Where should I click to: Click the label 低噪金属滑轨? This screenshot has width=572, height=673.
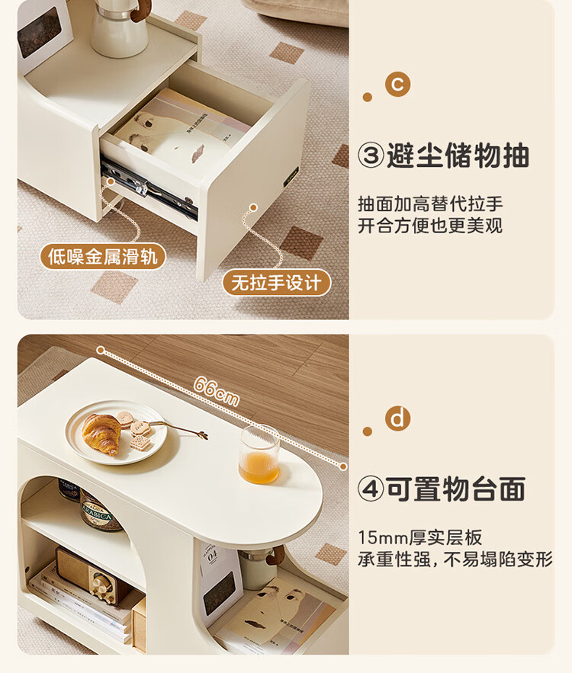tap(103, 257)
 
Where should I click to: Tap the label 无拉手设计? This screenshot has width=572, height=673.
tap(277, 283)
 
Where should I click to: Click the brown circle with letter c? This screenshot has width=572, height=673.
tap(397, 84)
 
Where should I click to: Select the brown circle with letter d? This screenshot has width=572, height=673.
tap(397, 418)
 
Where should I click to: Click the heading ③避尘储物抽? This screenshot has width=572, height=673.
tap(444, 155)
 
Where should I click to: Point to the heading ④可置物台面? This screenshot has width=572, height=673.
tap(442, 489)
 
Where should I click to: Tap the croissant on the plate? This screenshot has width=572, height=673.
tap(101, 433)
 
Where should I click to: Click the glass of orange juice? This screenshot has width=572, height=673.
tap(259, 454)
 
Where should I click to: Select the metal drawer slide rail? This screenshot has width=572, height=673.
tap(149, 187)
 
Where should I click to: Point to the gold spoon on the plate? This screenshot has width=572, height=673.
tap(180, 428)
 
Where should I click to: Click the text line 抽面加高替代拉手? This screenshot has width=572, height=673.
tap(430, 204)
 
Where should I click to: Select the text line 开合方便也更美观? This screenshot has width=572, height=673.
tap(430, 226)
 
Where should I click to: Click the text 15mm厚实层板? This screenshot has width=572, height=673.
tap(420, 537)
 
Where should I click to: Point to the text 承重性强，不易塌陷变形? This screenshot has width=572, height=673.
tap(455, 559)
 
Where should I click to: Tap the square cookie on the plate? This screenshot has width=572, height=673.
tap(140, 444)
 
